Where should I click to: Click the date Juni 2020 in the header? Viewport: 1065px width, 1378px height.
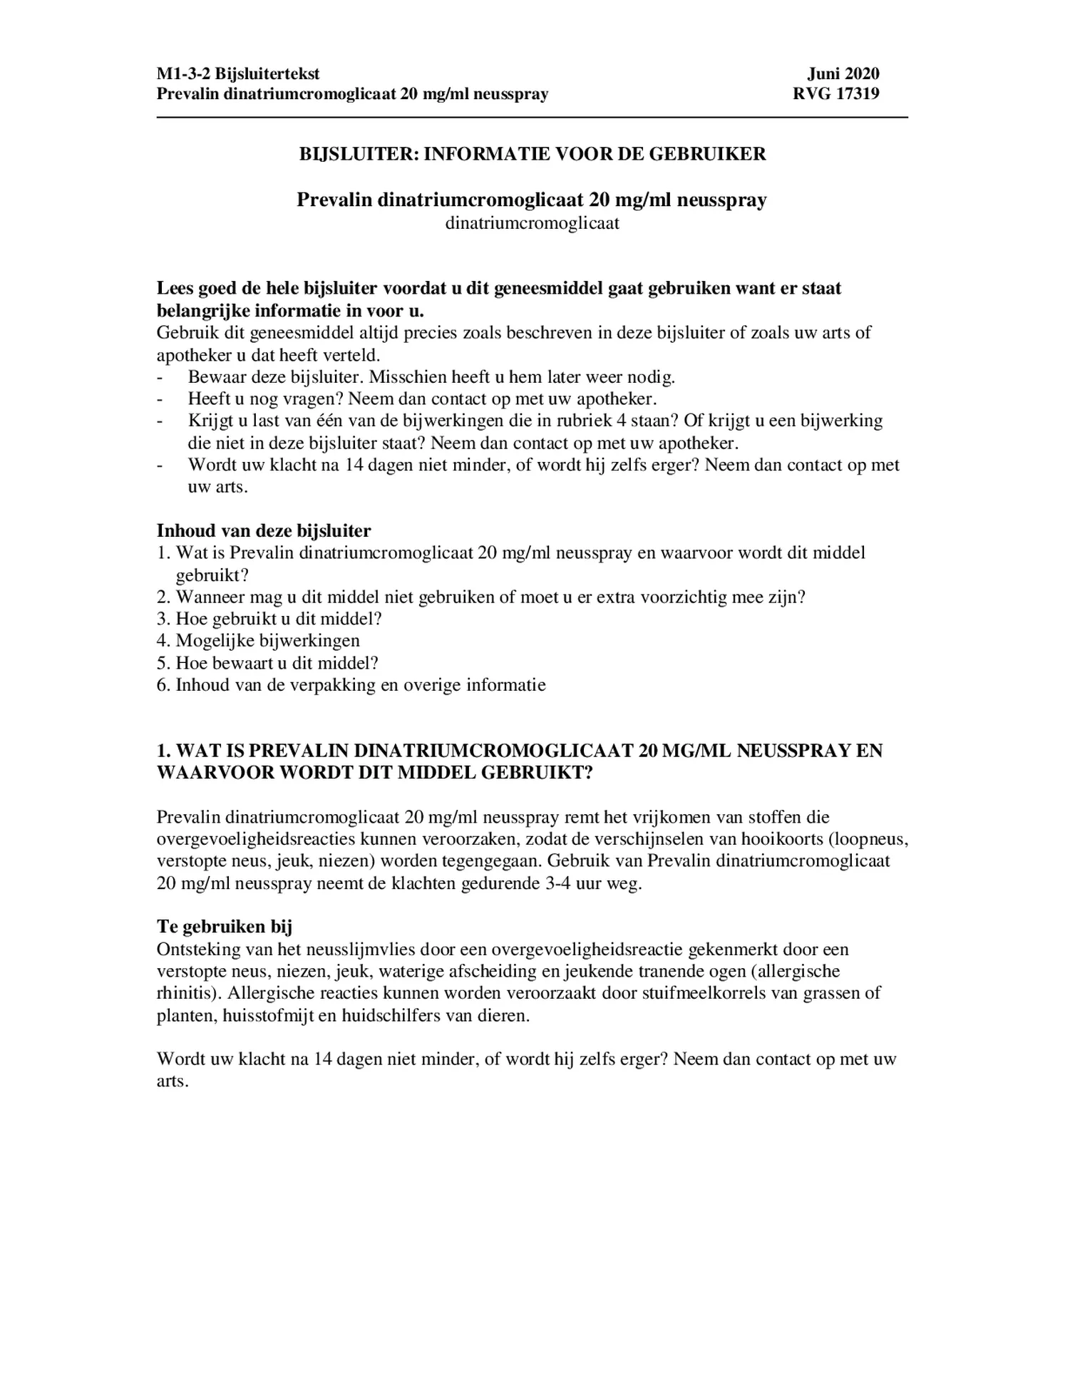tap(843, 73)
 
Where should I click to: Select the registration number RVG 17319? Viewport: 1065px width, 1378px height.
tap(835, 94)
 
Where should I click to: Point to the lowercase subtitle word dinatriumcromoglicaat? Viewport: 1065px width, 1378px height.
tap(532, 223)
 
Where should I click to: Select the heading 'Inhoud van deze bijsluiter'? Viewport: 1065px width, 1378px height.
tap(264, 531)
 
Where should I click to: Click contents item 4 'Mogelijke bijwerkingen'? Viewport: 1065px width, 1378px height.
tap(267, 641)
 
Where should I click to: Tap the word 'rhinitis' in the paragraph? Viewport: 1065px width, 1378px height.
tap(180, 993)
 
